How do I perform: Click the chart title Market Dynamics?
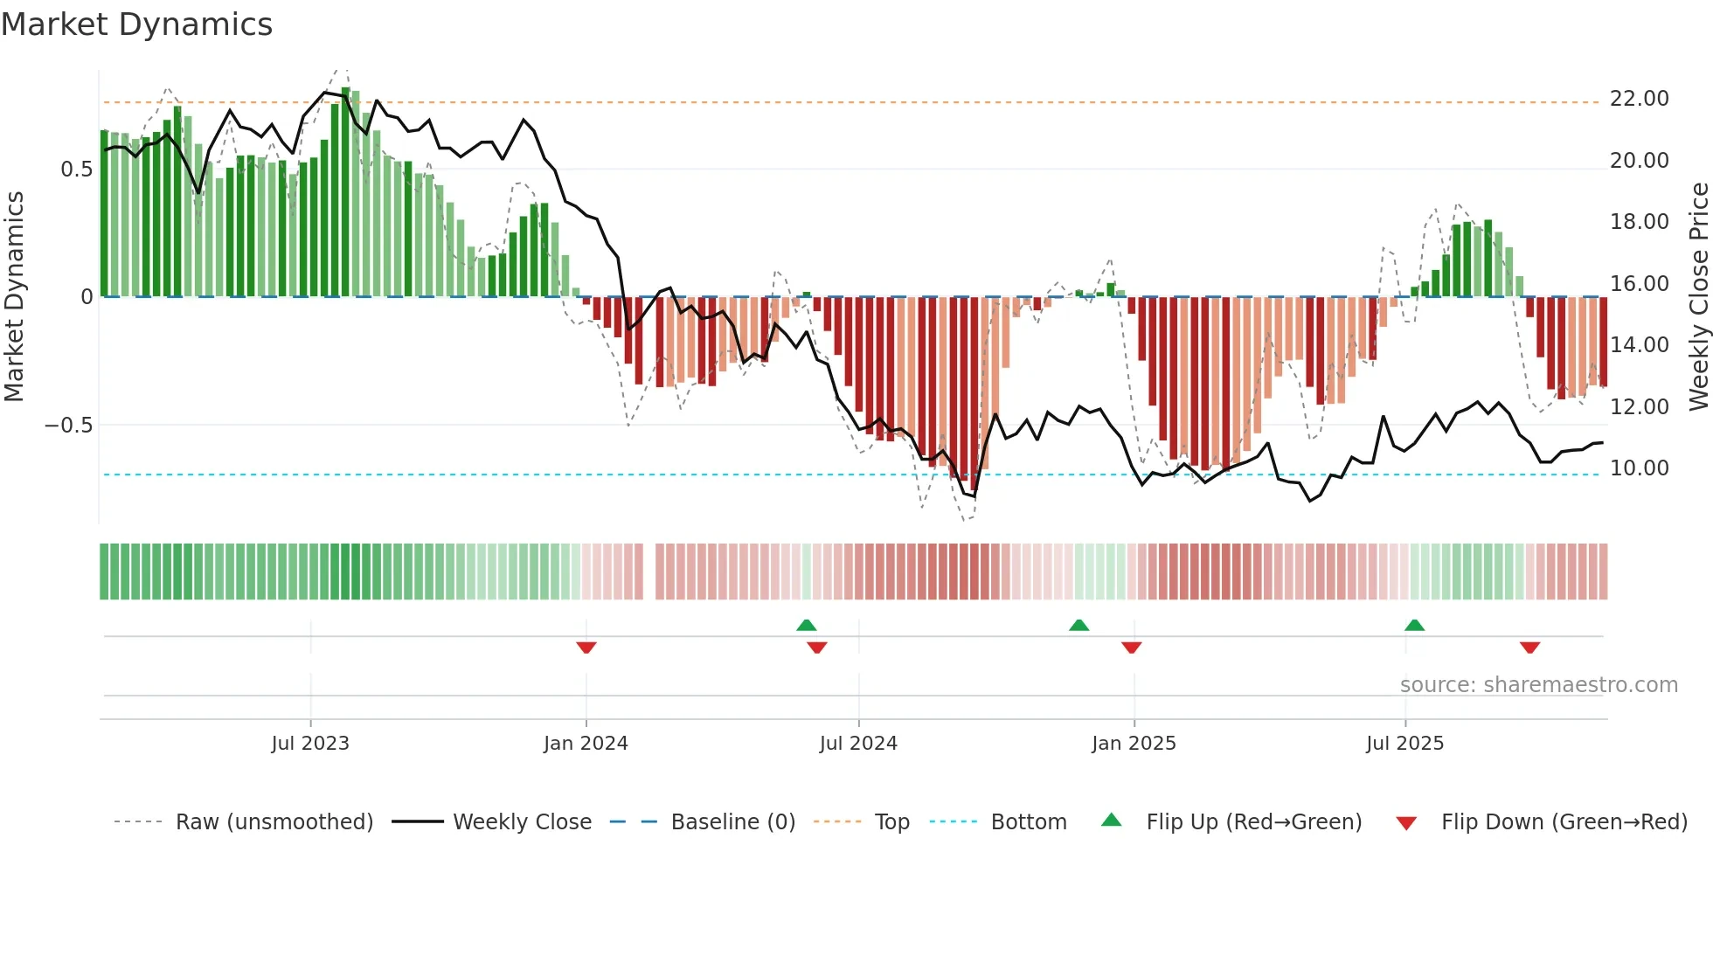(x=136, y=24)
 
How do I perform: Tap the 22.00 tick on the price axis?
(x=1639, y=99)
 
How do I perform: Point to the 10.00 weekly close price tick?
(x=1639, y=468)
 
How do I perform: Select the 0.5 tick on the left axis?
(x=77, y=170)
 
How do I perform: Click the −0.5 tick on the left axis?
(x=69, y=426)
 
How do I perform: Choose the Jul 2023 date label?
(x=310, y=744)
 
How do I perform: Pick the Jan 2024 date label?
(x=586, y=744)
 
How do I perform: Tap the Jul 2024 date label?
(x=858, y=744)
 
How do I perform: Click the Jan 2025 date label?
(x=1134, y=744)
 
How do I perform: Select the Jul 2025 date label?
(x=1405, y=744)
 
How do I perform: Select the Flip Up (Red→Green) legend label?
(x=1253, y=822)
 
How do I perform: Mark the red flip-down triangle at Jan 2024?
(x=586, y=648)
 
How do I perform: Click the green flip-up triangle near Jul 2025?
(x=1414, y=625)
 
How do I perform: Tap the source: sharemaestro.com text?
(x=1538, y=685)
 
